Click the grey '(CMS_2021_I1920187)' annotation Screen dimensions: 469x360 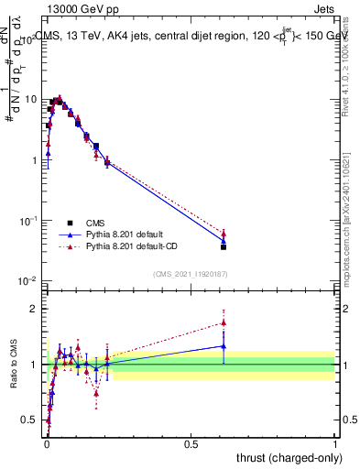[x=191, y=274]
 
